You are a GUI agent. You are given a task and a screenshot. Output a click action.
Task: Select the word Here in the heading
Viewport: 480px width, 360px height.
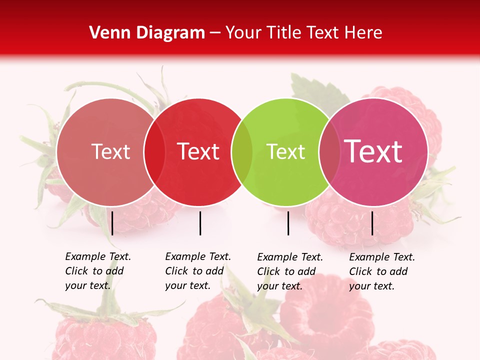(364, 33)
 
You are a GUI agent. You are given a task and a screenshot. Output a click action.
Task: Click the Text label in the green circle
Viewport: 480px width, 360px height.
(286, 152)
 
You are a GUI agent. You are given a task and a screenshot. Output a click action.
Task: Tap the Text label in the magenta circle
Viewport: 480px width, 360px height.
(373, 151)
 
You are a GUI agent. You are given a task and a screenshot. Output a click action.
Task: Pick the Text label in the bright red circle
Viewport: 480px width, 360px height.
(198, 151)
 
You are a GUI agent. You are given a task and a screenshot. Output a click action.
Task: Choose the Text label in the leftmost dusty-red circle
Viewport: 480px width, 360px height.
(110, 151)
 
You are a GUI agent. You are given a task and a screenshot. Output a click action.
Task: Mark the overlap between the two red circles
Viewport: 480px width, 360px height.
(154, 152)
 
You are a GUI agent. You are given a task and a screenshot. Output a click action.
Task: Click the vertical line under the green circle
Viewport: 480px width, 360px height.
(288, 223)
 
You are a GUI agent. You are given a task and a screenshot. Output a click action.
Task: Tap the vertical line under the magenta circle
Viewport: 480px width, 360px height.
(372, 223)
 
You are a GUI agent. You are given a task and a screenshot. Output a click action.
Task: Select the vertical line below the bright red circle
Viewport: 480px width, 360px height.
(200, 223)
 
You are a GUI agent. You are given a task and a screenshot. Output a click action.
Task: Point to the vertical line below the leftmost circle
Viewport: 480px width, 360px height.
(112, 223)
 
